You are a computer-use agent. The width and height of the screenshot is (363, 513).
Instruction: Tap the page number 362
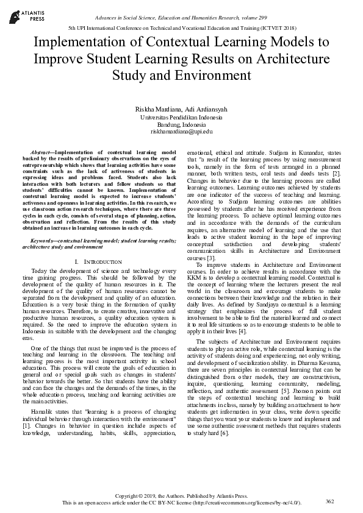pos(330,501)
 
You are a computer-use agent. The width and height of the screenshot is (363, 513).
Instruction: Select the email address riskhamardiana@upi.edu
pos(181,131)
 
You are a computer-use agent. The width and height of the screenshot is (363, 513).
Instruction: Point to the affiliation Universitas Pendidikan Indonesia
pos(181,116)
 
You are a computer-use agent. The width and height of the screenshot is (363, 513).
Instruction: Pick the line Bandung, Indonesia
pos(181,124)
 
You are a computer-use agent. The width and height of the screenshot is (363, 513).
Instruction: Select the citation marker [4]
pos(242,331)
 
